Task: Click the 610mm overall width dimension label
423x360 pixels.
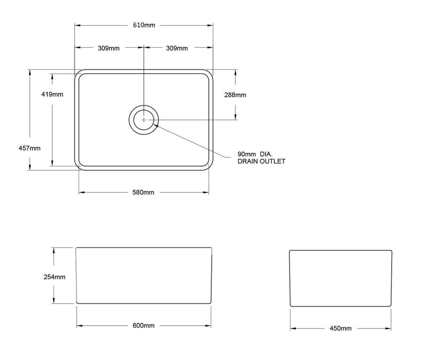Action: coord(144,25)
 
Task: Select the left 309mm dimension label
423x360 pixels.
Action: coord(108,48)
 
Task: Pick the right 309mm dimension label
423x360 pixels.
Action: coord(177,48)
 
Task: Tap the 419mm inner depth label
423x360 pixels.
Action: coord(52,94)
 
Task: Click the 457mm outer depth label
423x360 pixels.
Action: coord(29,148)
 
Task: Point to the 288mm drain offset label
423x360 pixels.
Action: coord(235,95)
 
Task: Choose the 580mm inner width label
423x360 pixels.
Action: coord(143,192)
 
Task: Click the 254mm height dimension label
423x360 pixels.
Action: coord(54,277)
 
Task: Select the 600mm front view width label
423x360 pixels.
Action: coord(143,326)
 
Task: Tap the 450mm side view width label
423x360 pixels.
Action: coord(340,329)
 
